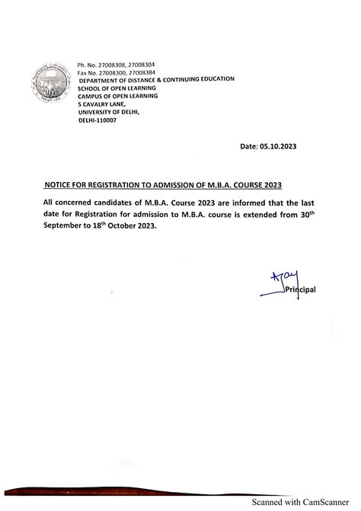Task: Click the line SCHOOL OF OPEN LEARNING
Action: (x=119, y=88)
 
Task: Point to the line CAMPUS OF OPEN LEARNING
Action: (x=118, y=95)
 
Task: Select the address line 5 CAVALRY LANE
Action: (x=103, y=104)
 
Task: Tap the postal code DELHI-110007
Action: (x=98, y=120)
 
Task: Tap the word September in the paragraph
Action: (x=64, y=227)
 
